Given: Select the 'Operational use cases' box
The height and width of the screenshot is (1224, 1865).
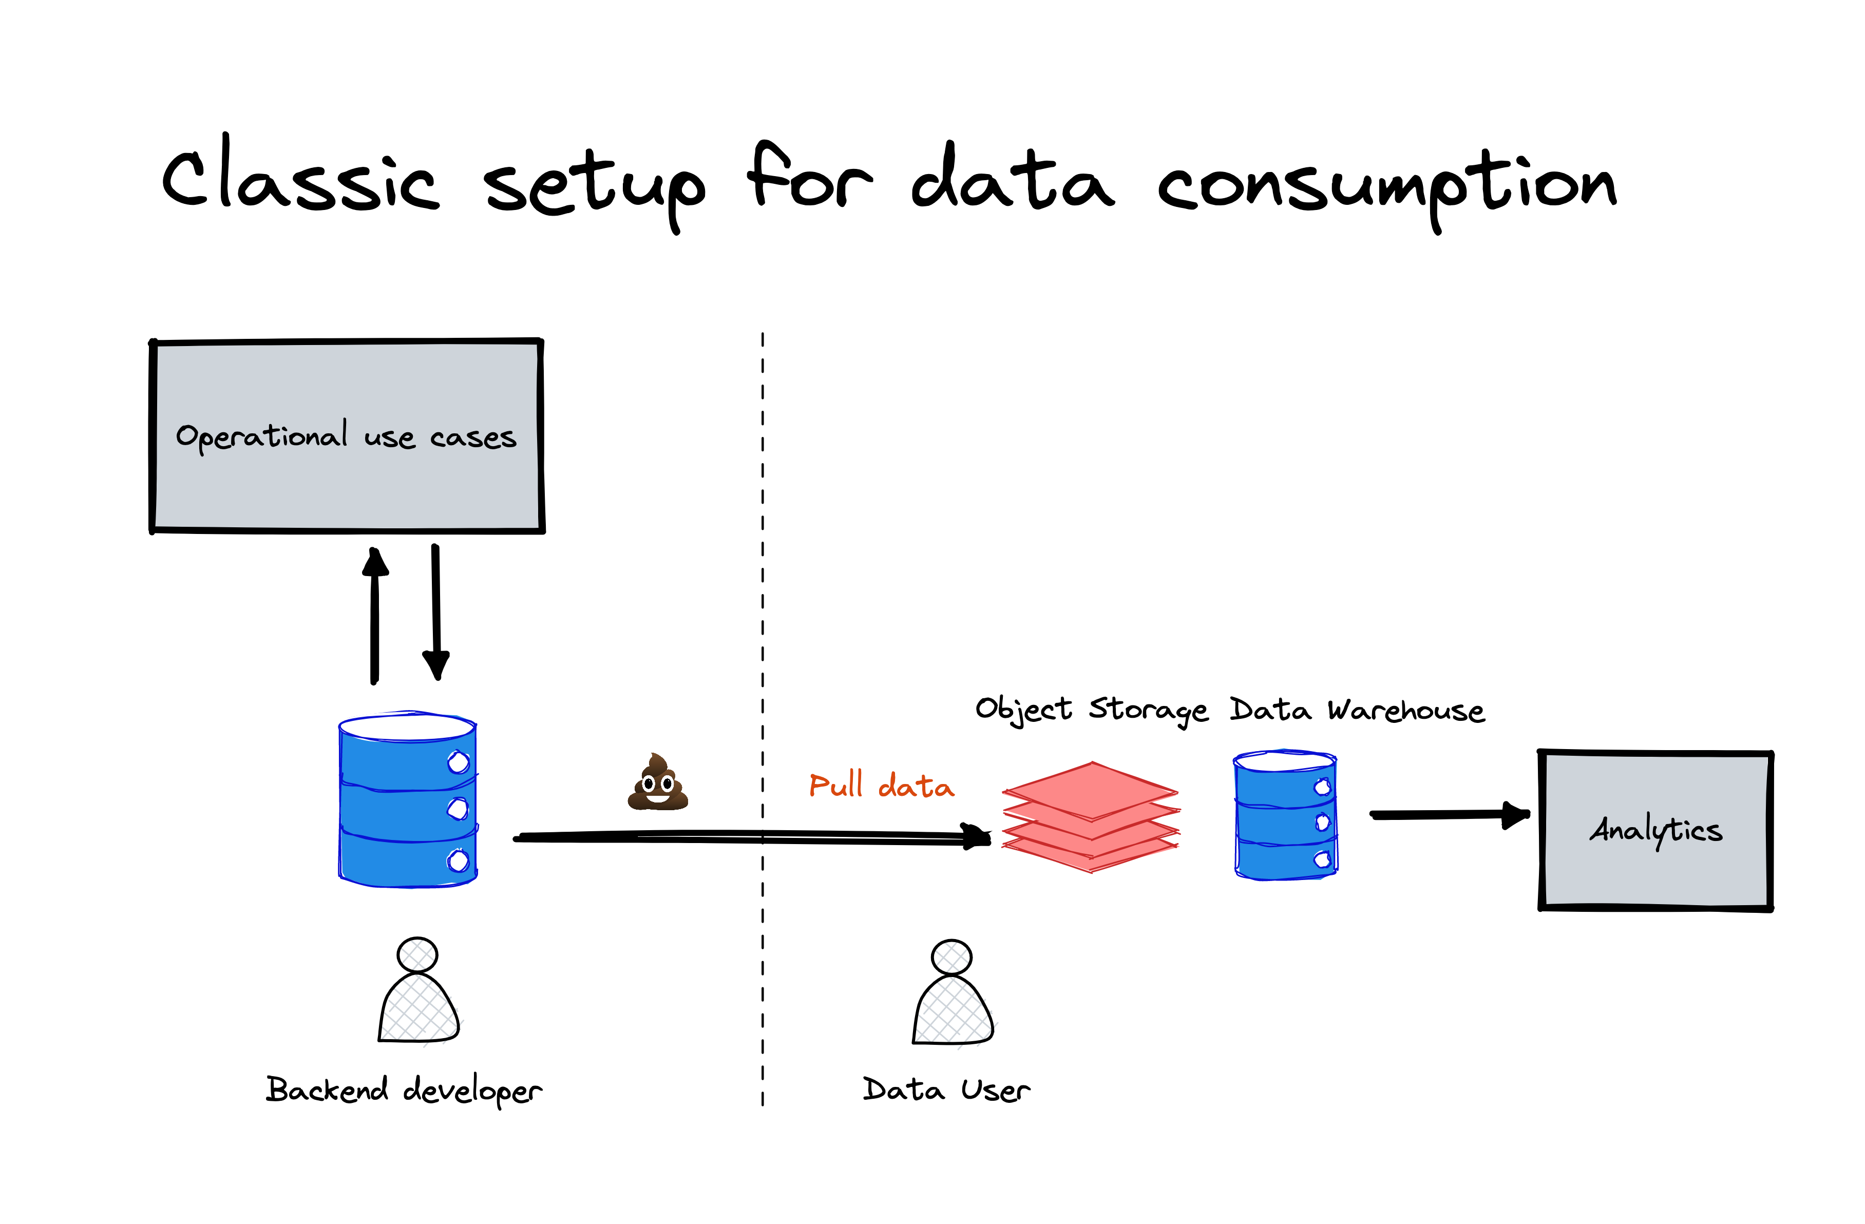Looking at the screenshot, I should coord(347,436).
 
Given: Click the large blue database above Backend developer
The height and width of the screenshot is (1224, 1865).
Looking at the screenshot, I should coord(408,800).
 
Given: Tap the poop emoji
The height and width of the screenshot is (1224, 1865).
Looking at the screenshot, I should coord(657,782).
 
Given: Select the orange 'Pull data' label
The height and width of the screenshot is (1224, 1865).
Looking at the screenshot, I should coord(882,785).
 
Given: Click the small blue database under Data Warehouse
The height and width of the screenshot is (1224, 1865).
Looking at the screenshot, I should coord(1285,816).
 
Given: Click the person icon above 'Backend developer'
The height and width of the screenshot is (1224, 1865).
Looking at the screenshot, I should coord(418,991).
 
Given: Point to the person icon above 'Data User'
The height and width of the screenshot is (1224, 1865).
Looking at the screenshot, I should coord(952,993).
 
